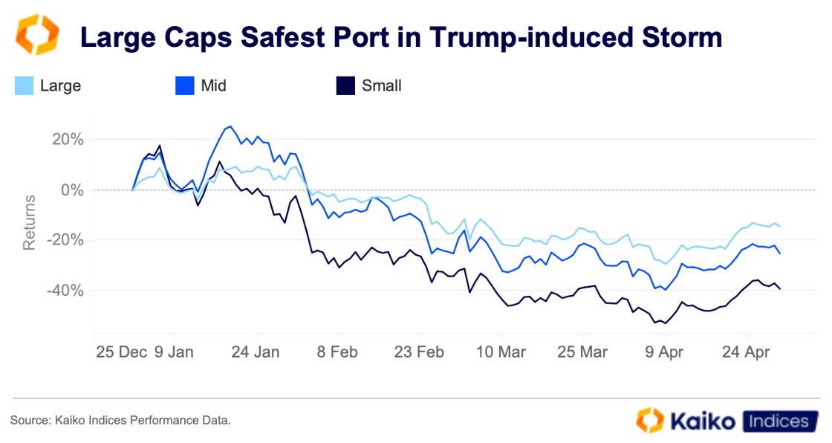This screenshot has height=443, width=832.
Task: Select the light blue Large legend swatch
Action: (25, 86)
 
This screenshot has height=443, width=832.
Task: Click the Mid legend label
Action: (213, 86)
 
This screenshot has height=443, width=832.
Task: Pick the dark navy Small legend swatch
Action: (345, 86)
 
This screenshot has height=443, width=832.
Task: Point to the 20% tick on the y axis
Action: (68, 140)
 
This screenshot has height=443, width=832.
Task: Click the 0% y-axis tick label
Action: (72, 190)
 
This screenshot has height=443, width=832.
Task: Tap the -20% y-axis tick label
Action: (65, 240)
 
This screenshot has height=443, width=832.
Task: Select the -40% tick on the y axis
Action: (65, 291)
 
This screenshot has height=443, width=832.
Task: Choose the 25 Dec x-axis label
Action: (121, 351)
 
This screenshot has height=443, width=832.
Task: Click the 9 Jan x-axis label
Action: (174, 351)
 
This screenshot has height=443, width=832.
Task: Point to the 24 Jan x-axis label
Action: (256, 351)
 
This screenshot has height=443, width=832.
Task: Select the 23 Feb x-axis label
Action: (420, 351)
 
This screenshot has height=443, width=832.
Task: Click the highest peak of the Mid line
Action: (230, 126)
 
